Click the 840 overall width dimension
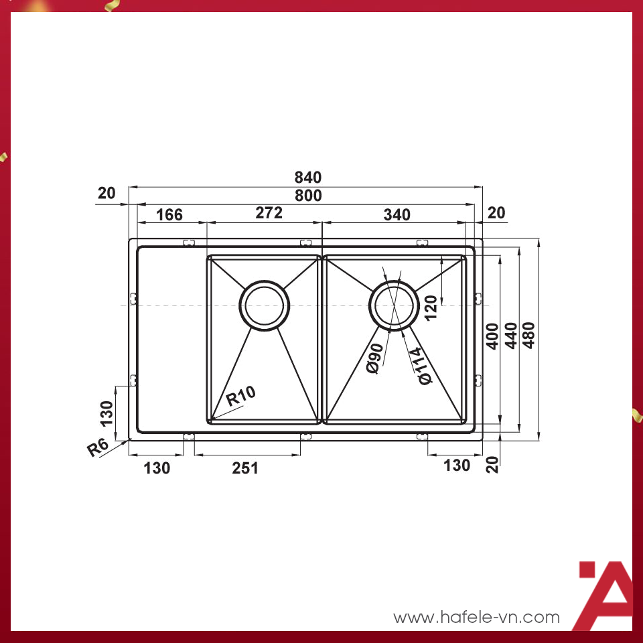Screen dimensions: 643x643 (x=308, y=177)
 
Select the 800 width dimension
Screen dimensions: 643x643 (x=308, y=196)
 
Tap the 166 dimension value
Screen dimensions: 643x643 (x=169, y=215)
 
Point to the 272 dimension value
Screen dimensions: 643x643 (x=269, y=214)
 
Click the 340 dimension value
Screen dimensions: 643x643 (x=397, y=215)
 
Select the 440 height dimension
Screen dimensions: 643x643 (x=510, y=336)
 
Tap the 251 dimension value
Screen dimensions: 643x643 (x=245, y=468)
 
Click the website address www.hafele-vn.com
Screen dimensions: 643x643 (x=476, y=617)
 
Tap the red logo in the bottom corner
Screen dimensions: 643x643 (x=605, y=595)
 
